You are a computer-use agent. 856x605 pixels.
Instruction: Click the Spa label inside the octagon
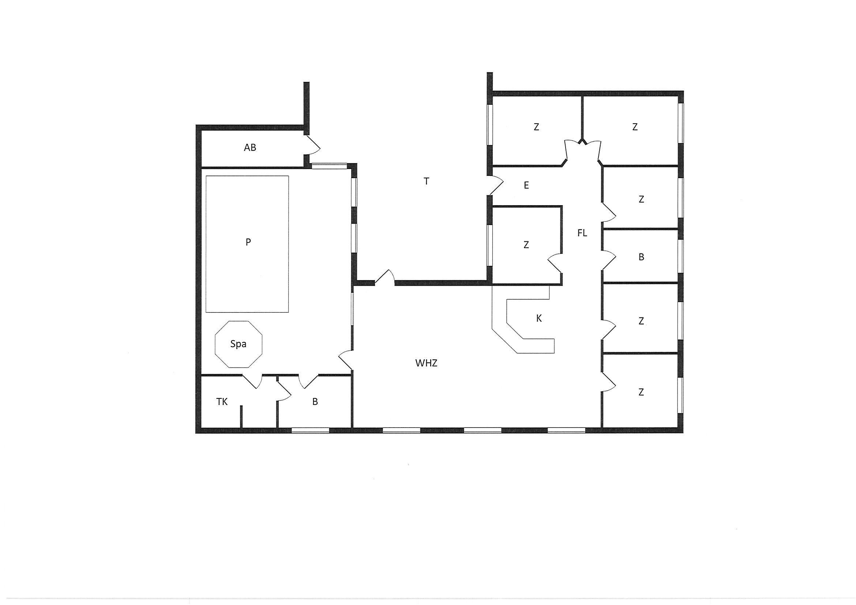click(x=238, y=344)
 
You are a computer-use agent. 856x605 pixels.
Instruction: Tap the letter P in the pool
click(x=248, y=242)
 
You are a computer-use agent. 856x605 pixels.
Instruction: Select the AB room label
click(x=250, y=148)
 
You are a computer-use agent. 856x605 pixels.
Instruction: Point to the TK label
click(x=222, y=402)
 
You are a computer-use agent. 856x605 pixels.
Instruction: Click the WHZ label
click(x=426, y=363)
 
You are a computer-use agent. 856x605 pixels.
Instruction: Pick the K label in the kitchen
click(x=539, y=318)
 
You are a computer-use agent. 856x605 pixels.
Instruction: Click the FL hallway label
click(x=582, y=233)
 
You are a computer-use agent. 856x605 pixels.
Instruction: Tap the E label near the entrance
click(x=526, y=185)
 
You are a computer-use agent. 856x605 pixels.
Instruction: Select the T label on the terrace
click(x=427, y=181)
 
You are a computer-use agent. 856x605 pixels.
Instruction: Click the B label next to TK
click(x=315, y=402)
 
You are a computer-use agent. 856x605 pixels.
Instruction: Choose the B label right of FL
click(x=641, y=257)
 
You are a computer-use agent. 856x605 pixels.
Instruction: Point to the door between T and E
click(x=496, y=185)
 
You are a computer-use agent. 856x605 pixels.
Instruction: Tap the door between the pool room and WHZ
click(x=346, y=360)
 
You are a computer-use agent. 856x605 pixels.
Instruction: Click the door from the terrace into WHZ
click(x=384, y=278)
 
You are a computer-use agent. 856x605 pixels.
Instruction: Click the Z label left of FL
click(x=526, y=245)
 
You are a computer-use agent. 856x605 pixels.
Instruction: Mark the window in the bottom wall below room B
click(x=310, y=430)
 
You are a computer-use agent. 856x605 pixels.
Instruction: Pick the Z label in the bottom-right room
click(x=641, y=392)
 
